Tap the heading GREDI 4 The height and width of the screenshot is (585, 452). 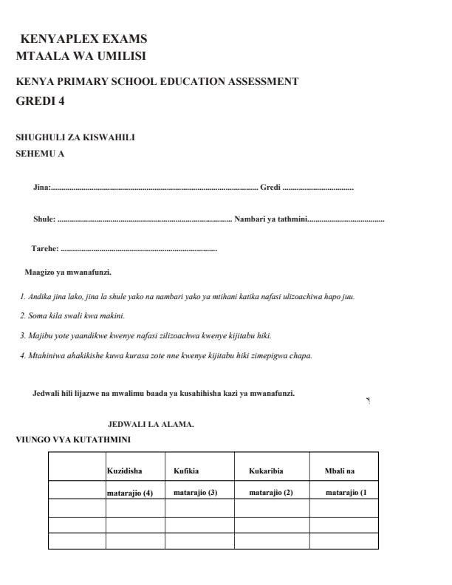[x=40, y=101]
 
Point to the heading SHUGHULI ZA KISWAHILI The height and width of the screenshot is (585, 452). [x=75, y=137]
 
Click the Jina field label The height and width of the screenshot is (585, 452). [x=41, y=188]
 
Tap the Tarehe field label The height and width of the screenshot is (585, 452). [x=45, y=249]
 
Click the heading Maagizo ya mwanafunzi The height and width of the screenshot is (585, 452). [x=68, y=273]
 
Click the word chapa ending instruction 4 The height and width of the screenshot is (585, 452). [x=302, y=355]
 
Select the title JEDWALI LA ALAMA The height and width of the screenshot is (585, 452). [x=151, y=425]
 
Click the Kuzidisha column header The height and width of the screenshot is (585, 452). [x=124, y=470]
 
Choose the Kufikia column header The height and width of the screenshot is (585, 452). [x=186, y=470]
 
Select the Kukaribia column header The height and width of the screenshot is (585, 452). [x=266, y=470]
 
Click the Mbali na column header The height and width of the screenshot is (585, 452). [x=340, y=470]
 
